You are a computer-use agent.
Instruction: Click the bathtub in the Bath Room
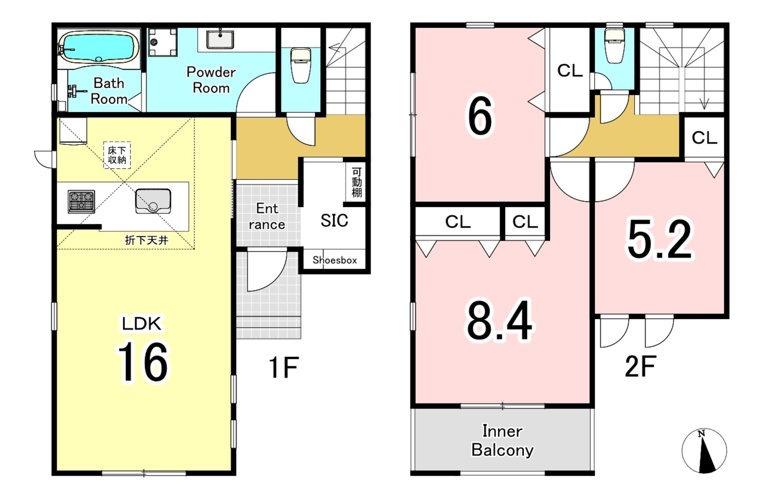pos(99,47)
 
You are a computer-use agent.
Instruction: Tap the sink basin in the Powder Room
pos(220,40)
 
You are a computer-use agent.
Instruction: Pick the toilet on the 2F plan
pos(614,46)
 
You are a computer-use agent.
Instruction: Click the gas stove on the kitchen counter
pos(81,202)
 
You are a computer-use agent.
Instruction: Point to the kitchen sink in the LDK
pos(153,201)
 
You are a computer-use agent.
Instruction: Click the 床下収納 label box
pos(117,155)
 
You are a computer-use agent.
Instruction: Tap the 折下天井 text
pos(146,240)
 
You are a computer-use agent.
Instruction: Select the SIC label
pos(334,220)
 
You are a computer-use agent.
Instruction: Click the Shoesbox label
pos(335,260)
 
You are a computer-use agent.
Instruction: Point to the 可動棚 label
pos(357,182)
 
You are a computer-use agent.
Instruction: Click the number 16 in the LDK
pos(143,362)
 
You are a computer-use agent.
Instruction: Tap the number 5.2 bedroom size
pos(660,239)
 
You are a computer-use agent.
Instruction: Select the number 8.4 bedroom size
pos(500,321)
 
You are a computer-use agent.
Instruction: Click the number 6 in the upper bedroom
pos(480,117)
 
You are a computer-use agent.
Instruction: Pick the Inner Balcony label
pos(502,441)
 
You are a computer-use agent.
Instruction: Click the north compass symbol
pos(704,451)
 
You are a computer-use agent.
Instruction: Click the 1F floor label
pos(284,367)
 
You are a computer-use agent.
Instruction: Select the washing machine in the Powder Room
pos(162,42)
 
